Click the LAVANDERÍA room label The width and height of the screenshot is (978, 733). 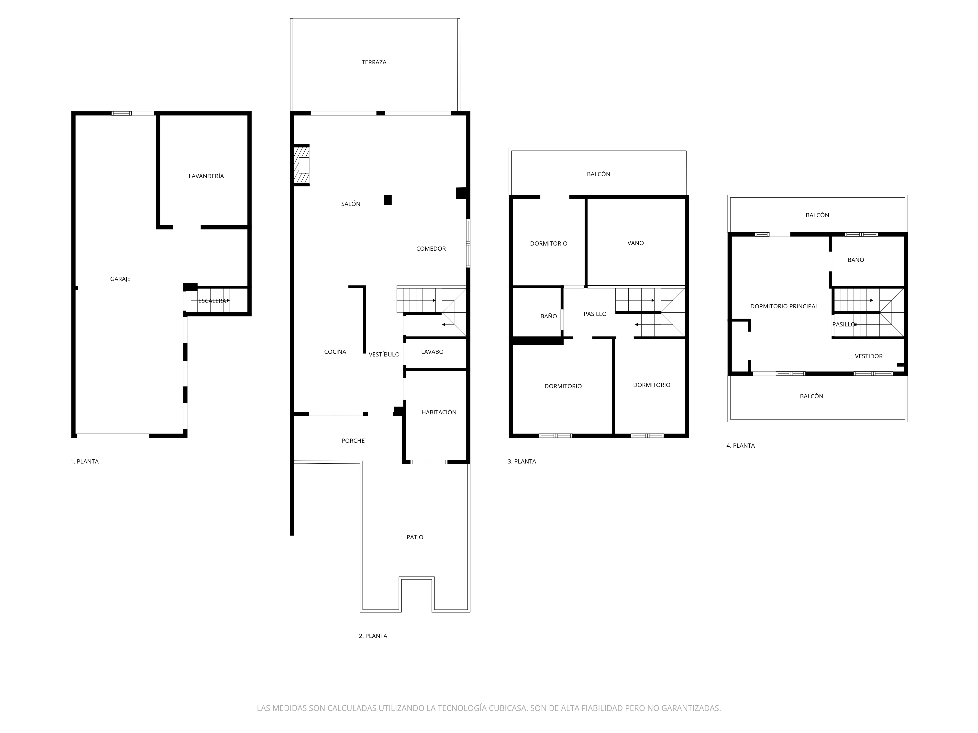tap(206, 176)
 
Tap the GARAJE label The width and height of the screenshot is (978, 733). tap(120, 279)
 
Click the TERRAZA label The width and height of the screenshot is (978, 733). tap(374, 62)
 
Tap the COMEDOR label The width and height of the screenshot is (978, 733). tap(431, 249)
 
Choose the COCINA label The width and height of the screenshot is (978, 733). tap(335, 352)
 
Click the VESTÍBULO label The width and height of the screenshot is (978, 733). tap(384, 354)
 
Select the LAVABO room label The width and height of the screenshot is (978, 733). tap(433, 352)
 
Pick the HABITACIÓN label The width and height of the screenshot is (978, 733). tap(439, 412)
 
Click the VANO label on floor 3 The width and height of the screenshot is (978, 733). tap(636, 243)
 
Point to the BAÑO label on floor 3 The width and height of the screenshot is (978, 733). tap(549, 316)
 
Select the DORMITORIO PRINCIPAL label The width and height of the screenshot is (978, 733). tap(784, 306)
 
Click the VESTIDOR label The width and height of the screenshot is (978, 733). tap(869, 356)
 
